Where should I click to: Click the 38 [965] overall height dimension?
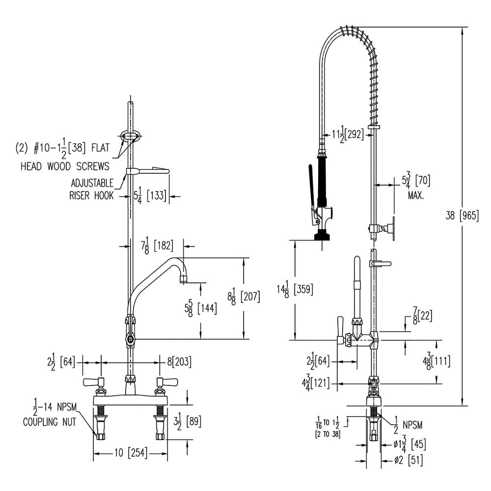coord(461,216)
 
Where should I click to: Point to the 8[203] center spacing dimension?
coord(179,362)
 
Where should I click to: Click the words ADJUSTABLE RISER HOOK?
coord(92,189)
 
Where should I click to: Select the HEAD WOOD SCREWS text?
coord(64,166)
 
